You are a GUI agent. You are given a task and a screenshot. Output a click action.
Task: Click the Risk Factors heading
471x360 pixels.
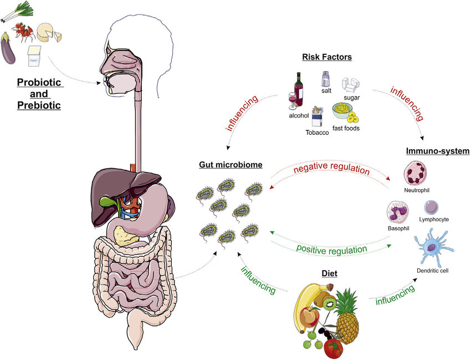pyautogui.click(x=327, y=57)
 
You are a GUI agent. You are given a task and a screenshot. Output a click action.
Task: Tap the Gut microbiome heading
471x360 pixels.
pyautogui.click(x=231, y=165)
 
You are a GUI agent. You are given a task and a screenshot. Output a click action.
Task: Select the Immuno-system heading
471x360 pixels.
pyautogui.click(x=437, y=151)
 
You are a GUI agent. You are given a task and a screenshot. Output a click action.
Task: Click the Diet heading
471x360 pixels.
pyautogui.click(x=329, y=273)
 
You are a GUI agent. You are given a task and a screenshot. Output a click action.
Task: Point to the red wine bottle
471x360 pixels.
pyautogui.click(x=299, y=90)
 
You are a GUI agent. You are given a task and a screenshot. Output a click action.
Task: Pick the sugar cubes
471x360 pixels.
pyautogui.click(x=351, y=85)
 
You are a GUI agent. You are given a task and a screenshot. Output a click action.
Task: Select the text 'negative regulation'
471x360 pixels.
pyautogui.click(x=331, y=169)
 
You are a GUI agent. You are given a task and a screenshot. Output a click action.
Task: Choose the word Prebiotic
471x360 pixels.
pyautogui.click(x=38, y=105)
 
